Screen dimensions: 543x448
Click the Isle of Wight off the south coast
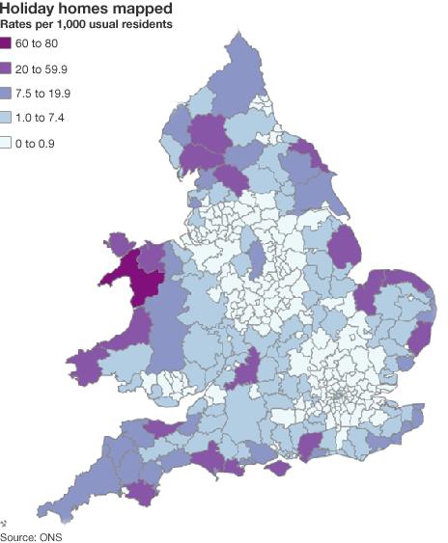click(277, 469)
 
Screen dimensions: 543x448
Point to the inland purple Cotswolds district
click(245, 368)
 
